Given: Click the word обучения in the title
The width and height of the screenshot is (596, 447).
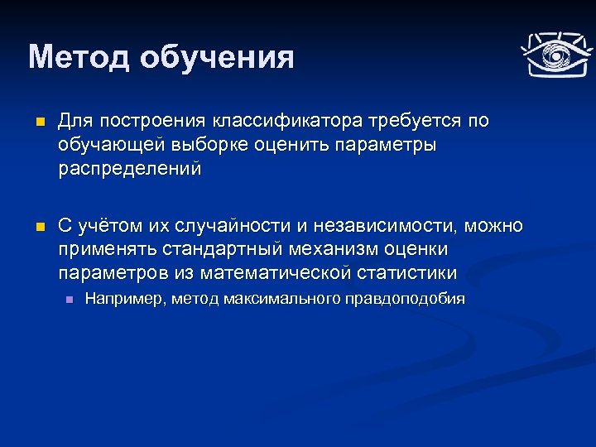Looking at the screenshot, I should pyautogui.click(x=217, y=58).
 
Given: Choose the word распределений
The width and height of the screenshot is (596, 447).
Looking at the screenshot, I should pyautogui.click(x=130, y=170).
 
